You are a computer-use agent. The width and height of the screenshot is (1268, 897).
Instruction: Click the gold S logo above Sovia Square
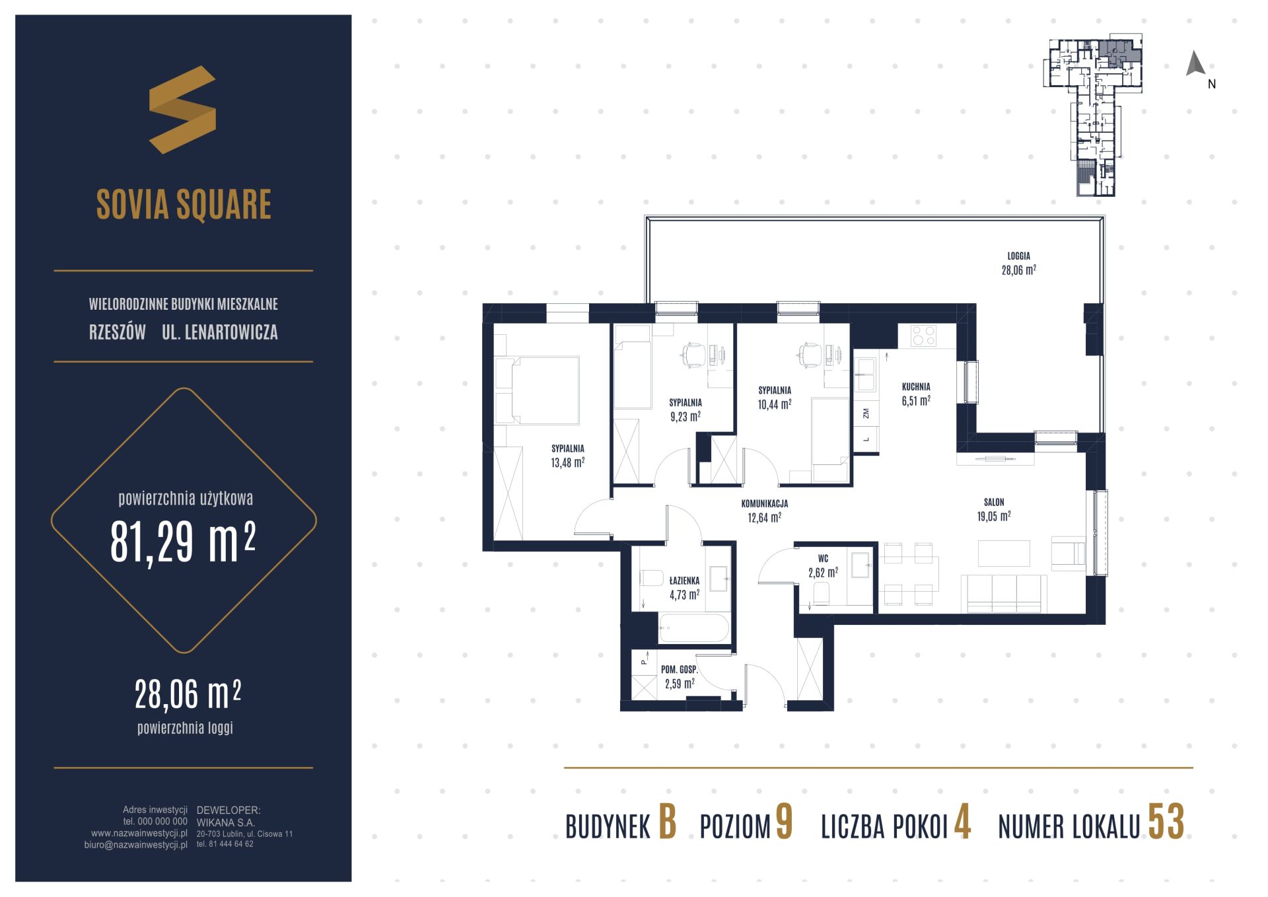pyautogui.click(x=182, y=110)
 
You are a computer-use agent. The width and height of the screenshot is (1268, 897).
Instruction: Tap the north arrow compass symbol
pyautogui.click(x=1196, y=64)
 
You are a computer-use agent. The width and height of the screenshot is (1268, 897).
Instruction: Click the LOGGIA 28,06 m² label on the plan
pyautogui.click(x=1018, y=263)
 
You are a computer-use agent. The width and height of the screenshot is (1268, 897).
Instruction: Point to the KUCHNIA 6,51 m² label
pyautogui.click(x=916, y=394)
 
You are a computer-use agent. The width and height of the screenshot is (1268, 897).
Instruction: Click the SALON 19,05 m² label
pyautogui.click(x=993, y=509)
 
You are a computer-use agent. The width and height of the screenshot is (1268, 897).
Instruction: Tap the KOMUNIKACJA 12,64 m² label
pyautogui.click(x=764, y=511)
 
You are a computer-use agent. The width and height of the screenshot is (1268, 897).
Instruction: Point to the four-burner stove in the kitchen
pyautogui.click(x=923, y=336)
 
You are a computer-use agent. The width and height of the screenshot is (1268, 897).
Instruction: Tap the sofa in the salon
pyautogui.click(x=1004, y=593)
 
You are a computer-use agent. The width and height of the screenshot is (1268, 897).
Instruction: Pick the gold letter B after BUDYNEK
pyautogui.click(x=667, y=822)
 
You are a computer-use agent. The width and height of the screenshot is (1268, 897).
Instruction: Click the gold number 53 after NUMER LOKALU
pyautogui.click(x=1166, y=822)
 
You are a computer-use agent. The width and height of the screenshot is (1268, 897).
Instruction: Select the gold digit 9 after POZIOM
pyautogui.click(x=784, y=822)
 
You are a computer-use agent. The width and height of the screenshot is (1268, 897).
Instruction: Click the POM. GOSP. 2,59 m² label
pyautogui.click(x=680, y=677)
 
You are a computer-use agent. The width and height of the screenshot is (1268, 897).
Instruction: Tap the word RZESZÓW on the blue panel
pyautogui.click(x=118, y=332)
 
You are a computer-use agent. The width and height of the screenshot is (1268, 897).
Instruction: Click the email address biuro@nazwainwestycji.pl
pyautogui.click(x=136, y=844)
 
